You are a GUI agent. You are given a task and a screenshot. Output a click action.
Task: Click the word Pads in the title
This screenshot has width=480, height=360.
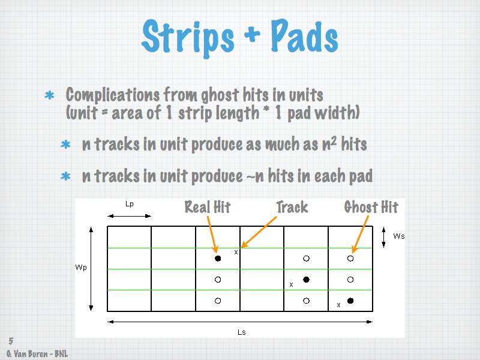[x=304, y=36]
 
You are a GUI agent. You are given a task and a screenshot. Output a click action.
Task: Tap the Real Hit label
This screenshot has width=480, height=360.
[x=208, y=207]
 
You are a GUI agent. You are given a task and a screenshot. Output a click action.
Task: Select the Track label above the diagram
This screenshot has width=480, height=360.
[x=292, y=207]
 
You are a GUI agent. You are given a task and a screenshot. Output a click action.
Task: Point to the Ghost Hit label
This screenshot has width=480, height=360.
[x=371, y=207]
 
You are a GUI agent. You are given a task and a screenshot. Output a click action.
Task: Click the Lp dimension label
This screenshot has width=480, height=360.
[x=130, y=204]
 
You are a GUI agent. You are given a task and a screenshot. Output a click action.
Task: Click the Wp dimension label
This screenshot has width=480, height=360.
[x=81, y=268]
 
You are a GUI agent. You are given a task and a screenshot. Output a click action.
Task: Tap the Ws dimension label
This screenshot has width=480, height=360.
[x=399, y=236]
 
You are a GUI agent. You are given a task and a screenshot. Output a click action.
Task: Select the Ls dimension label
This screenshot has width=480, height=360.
[x=242, y=332]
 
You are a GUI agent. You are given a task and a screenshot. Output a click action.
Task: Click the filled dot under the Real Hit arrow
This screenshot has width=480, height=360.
[x=218, y=259]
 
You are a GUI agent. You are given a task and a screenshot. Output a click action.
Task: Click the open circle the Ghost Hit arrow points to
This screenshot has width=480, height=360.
[x=350, y=259]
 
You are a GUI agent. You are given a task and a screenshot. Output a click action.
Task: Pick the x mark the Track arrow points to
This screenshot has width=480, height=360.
[x=236, y=253]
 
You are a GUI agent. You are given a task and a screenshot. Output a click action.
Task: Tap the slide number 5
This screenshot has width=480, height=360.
[x=11, y=341]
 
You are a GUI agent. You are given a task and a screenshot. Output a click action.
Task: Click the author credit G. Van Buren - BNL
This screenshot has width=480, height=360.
[x=37, y=354]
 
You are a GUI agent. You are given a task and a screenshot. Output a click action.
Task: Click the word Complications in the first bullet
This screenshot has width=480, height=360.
[x=112, y=95]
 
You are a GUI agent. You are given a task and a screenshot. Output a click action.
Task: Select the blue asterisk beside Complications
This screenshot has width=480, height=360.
[x=49, y=95]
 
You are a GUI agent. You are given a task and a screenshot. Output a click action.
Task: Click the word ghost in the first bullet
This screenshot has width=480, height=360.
[x=220, y=95]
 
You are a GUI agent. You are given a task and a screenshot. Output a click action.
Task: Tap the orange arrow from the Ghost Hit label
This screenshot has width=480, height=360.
[x=361, y=234]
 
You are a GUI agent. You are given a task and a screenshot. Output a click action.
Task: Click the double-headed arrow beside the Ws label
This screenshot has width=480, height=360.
[x=383, y=237]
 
